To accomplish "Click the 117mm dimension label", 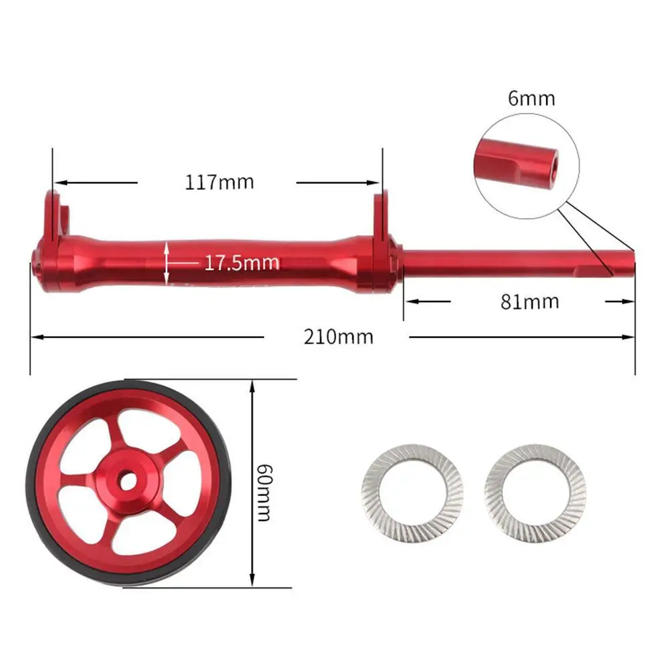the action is tap(219, 182).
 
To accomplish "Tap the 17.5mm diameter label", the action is tap(242, 263).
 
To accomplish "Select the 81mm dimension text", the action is tap(529, 301).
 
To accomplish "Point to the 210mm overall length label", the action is tap(338, 337).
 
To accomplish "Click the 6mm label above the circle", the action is tap(531, 98).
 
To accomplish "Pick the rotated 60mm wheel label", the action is tap(264, 493).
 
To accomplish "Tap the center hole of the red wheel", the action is tap(127, 482).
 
